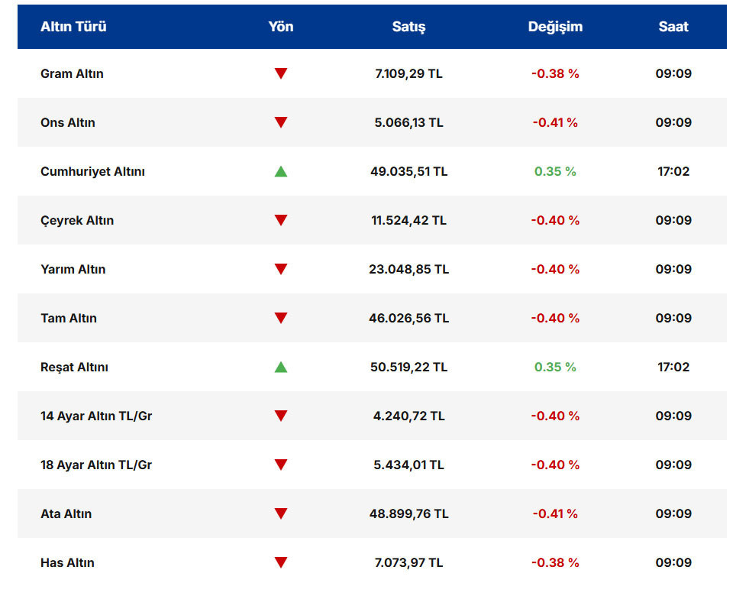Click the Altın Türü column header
pos(73,27)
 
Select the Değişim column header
pos(555,27)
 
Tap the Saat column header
pos(673,27)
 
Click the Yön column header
pos(281,27)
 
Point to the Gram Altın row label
pos(72,74)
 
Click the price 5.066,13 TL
pos(408,123)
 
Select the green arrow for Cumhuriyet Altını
pos(281,171)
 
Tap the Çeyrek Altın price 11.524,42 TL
pos(408,221)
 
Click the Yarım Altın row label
pos(73,270)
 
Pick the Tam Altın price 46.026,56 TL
pos(408,319)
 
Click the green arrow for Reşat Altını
pos(281,367)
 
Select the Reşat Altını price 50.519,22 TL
pos(408,368)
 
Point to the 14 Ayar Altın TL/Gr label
pos(96,416)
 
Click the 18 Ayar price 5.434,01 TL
pos(408,465)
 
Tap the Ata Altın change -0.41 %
pos(555,514)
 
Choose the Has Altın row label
pos(67,563)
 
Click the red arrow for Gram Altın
pos(281,74)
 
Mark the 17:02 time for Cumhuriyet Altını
pos(673,172)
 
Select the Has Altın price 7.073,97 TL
pos(408,563)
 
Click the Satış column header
pos(408,27)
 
